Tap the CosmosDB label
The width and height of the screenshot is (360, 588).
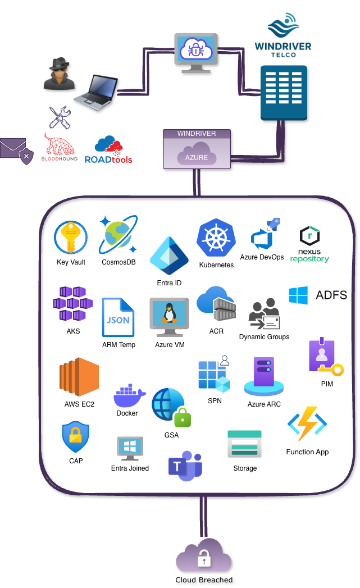coord(119,262)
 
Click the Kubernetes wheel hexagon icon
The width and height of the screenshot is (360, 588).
coord(216,238)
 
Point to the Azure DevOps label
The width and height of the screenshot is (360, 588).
coord(262,257)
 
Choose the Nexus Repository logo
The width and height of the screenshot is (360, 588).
coord(310,243)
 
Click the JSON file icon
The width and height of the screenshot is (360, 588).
coord(118,318)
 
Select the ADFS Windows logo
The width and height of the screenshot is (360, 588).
coord(298,295)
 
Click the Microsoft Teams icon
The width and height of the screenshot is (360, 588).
coord(185,466)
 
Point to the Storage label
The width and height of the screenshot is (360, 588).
coord(245,468)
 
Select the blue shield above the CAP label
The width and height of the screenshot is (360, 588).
coord(75,437)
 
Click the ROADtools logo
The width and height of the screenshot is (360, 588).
coord(108,151)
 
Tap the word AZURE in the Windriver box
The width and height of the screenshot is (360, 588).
coord(197,158)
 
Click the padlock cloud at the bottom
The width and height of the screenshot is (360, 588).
coord(203,555)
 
